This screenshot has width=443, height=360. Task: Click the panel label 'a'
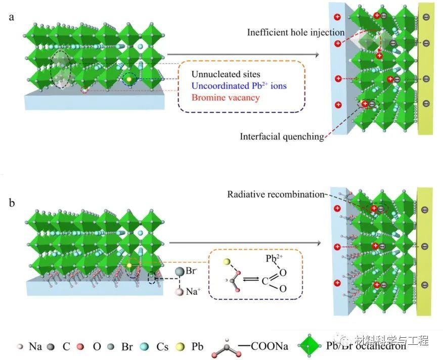coord(11,18)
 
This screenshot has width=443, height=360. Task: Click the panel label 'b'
coord(12,203)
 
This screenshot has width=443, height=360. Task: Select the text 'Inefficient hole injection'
coord(296,33)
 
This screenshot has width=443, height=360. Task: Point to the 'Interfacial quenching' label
coord(282,137)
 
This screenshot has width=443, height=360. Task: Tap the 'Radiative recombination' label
coord(276,195)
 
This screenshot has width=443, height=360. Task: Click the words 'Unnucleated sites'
coord(226,74)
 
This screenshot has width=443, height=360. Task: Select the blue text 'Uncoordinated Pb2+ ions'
coord(239,85)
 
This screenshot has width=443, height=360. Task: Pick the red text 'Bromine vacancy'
coord(226,98)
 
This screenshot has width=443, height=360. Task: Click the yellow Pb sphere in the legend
coord(180,347)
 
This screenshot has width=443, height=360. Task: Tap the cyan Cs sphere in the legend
coord(145,347)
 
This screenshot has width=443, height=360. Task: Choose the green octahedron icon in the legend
coord(310,345)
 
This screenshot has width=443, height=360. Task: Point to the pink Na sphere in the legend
coord(20,346)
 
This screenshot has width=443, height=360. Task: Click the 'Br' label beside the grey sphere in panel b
coord(191,271)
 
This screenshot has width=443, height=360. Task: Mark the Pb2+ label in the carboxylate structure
coord(274,258)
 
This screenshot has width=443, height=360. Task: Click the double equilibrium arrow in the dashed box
coord(251,279)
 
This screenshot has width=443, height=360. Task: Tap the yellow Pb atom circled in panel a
coord(129,79)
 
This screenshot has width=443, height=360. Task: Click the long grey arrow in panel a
coord(243,55)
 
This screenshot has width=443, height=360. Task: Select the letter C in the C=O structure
coord(265,282)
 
